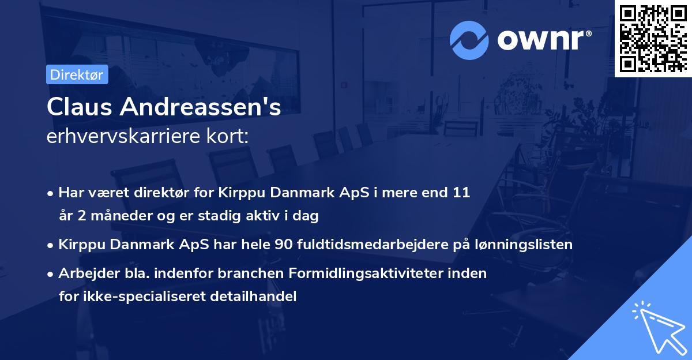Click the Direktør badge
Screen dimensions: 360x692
coord(77,75)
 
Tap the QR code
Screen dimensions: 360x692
coord(653,39)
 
